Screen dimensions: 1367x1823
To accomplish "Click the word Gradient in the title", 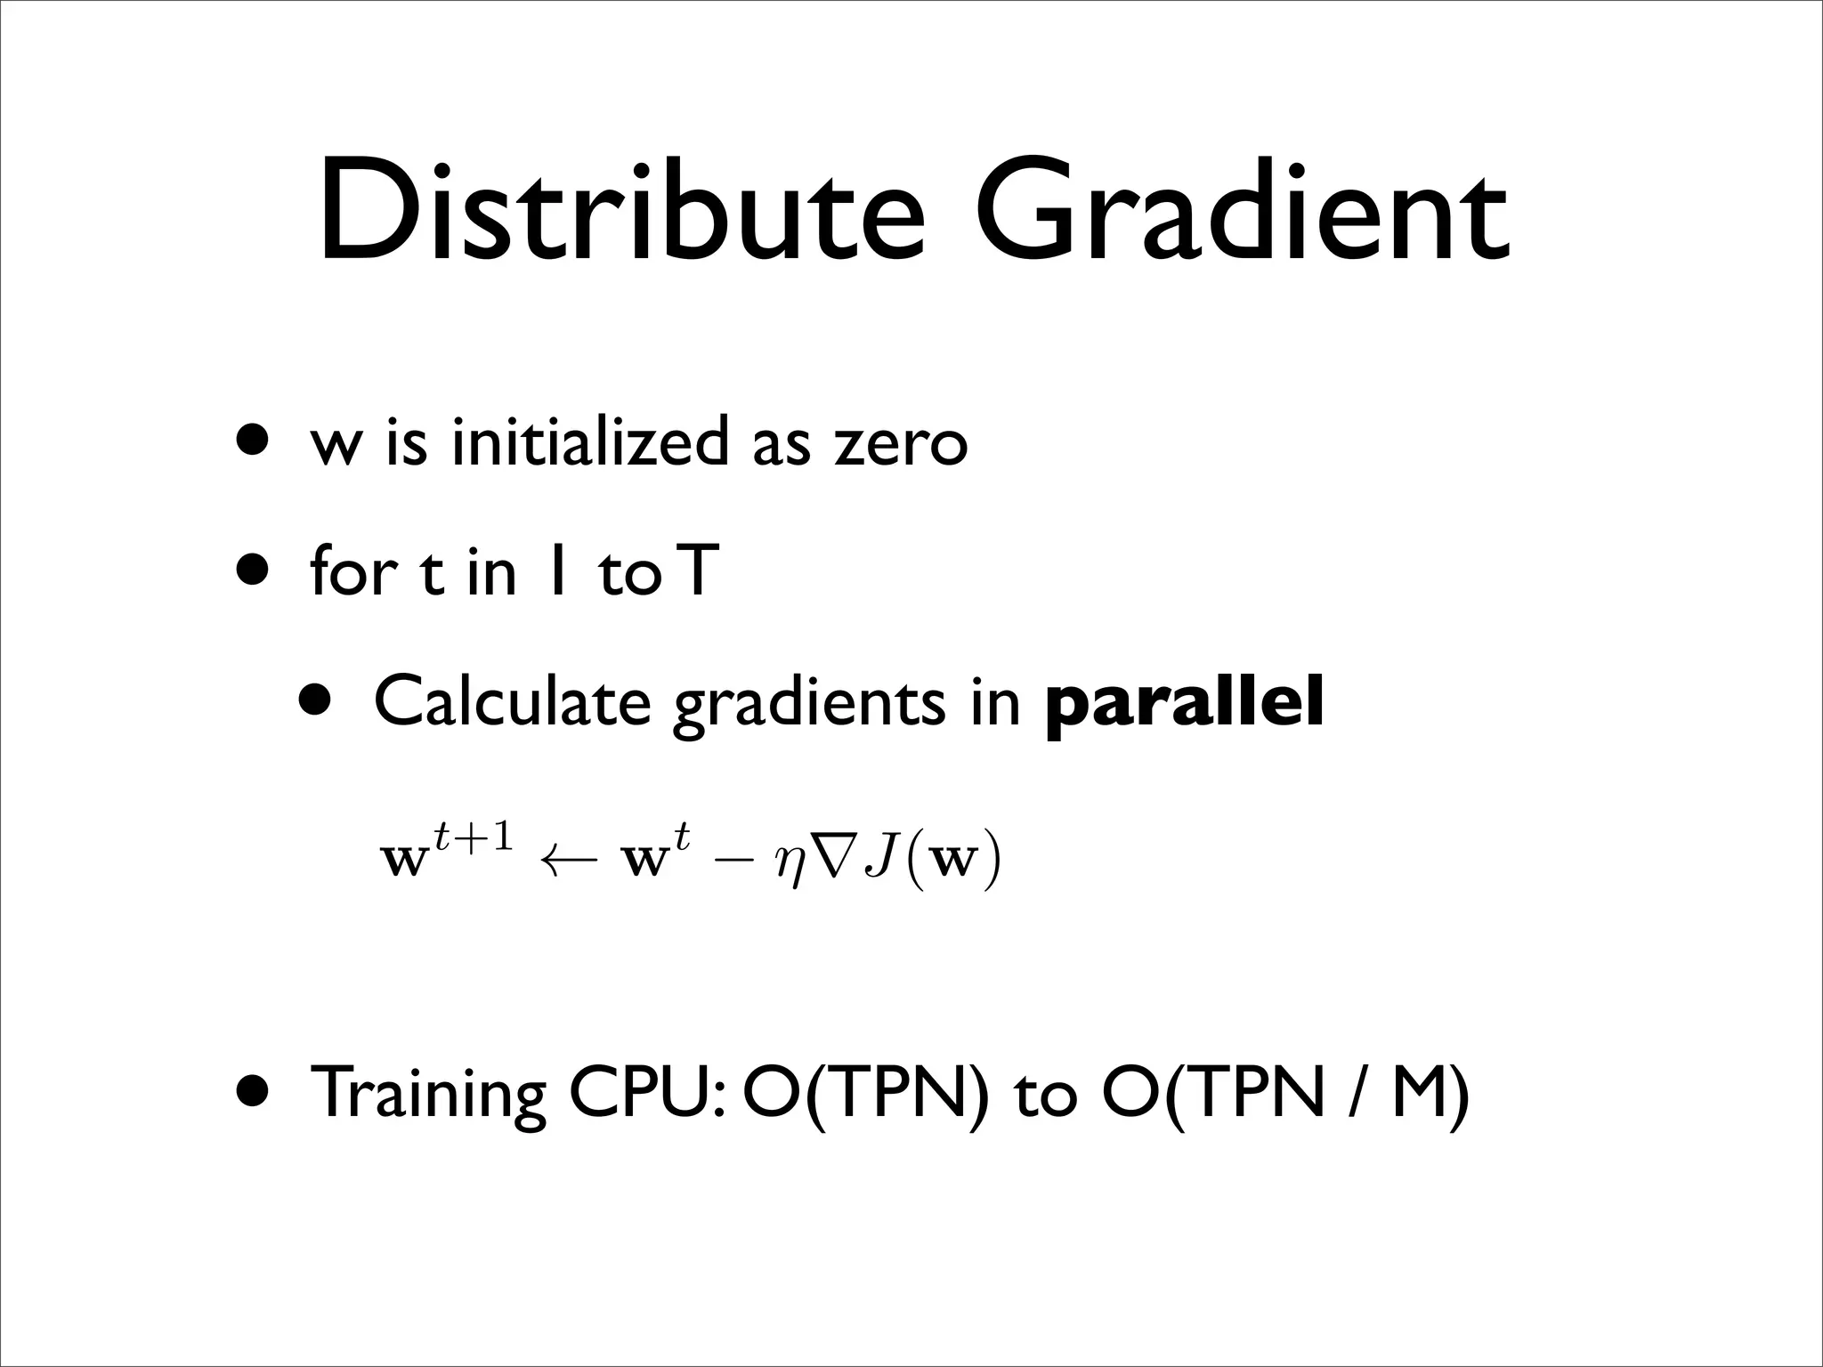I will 1243,214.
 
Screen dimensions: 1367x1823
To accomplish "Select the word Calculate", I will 513,701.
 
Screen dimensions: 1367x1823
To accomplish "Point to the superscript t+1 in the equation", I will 473,837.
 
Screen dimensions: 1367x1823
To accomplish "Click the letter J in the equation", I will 882,860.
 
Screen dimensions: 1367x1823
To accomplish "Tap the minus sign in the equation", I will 737,861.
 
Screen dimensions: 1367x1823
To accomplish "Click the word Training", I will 428,1094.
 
